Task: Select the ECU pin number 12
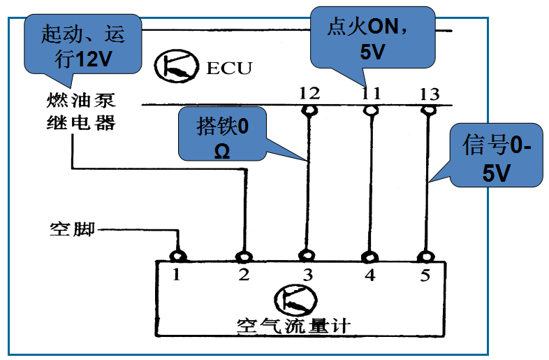[x=309, y=93]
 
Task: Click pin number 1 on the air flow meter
[x=178, y=275]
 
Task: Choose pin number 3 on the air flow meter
[x=305, y=275]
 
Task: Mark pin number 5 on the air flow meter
[x=425, y=275]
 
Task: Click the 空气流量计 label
[x=293, y=325]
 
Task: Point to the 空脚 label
[x=72, y=229]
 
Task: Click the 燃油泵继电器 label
[x=77, y=114]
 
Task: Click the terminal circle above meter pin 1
[x=178, y=255]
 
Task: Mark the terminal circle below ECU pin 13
[x=426, y=110]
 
